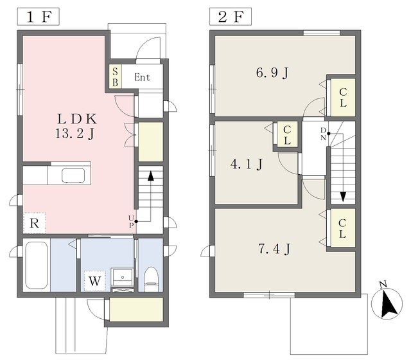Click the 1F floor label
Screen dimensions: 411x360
click(x=39, y=17)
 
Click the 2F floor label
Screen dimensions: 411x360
click(x=231, y=17)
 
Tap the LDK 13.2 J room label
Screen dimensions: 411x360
click(x=76, y=126)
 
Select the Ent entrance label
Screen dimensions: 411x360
click(x=142, y=77)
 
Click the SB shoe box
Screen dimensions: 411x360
click(x=116, y=76)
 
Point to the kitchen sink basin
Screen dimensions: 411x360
click(x=73, y=175)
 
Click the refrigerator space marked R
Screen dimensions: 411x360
click(x=35, y=223)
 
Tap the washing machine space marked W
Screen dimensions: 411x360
click(x=94, y=281)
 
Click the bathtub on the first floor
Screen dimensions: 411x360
click(x=37, y=265)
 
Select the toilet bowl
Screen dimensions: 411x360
click(x=152, y=279)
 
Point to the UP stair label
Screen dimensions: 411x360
click(x=131, y=222)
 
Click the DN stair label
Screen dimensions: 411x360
click(x=323, y=134)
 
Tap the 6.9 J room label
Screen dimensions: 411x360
click(x=272, y=73)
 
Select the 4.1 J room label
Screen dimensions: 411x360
click(x=247, y=165)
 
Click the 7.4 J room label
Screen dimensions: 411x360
click(x=274, y=249)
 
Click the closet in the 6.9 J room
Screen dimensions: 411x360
click(x=343, y=97)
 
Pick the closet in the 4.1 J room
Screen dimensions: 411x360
click(x=287, y=135)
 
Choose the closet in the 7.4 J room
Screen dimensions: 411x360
click(x=342, y=228)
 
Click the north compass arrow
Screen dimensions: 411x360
click(x=387, y=303)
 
